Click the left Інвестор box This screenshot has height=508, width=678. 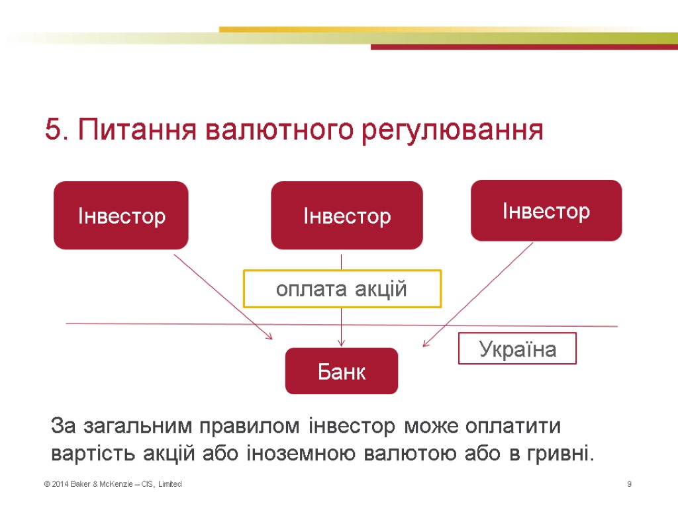click(x=121, y=215)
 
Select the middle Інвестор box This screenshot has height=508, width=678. click(x=347, y=215)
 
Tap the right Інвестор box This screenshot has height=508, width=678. click(x=546, y=210)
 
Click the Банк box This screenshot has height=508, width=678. click(x=342, y=371)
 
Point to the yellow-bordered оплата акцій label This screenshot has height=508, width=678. click(x=342, y=288)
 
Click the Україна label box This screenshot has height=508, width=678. click(x=517, y=349)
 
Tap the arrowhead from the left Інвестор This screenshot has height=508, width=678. click(x=269, y=337)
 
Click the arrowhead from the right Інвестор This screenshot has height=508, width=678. click(x=425, y=343)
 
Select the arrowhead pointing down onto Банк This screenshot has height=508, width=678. click(x=341, y=343)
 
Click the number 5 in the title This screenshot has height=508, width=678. click(x=52, y=130)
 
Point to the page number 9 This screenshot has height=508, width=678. click(x=629, y=485)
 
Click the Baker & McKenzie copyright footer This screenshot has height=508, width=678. click(x=113, y=485)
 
